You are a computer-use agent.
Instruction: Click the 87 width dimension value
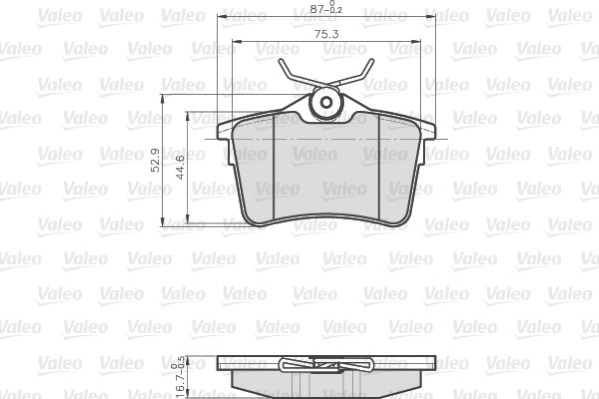[320, 8]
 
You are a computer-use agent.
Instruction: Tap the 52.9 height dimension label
[156, 160]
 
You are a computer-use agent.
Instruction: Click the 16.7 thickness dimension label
[180, 379]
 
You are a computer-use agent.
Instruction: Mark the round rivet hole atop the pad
[326, 102]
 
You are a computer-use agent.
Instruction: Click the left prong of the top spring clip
[291, 75]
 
